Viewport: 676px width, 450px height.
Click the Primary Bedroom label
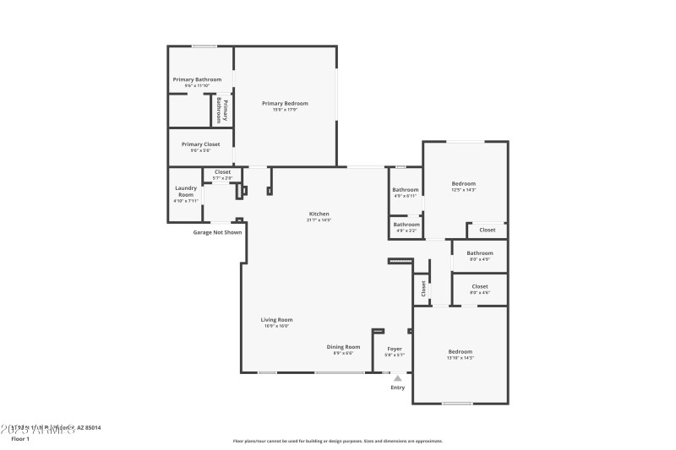click(284, 104)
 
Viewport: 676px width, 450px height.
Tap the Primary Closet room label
click(200, 144)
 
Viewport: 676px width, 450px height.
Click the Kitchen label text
click(319, 214)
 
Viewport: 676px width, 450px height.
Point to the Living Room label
click(276, 320)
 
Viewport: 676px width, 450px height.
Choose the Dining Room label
click(343, 347)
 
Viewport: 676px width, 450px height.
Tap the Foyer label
click(395, 349)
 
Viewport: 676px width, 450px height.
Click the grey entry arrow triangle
click(397, 378)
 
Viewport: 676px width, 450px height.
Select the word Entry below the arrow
click(397, 388)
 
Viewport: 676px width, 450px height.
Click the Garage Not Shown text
click(217, 232)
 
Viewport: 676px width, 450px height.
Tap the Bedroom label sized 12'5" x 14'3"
click(463, 184)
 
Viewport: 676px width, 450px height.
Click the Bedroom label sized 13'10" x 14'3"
click(460, 351)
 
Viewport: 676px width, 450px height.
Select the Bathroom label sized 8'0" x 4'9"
click(480, 253)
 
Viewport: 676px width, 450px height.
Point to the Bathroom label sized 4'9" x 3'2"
click(406, 225)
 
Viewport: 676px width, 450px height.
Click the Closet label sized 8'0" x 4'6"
click(480, 286)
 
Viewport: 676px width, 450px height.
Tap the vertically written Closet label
click(423, 288)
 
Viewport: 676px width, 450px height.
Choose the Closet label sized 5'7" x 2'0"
click(222, 172)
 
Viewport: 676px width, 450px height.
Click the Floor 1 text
click(20, 439)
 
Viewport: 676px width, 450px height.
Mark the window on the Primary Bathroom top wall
click(204, 46)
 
